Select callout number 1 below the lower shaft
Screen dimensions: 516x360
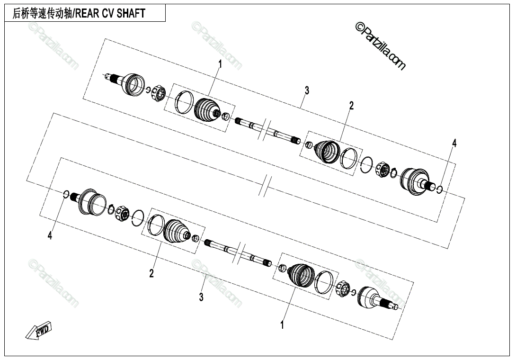(x=282, y=325)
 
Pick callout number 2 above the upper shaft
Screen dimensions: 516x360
(x=351, y=106)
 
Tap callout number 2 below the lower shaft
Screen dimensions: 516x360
(x=151, y=273)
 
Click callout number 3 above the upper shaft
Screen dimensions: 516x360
(x=307, y=90)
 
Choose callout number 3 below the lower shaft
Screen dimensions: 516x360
(x=201, y=297)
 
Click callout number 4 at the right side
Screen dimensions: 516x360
(x=454, y=144)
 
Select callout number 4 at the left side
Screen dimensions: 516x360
(x=50, y=235)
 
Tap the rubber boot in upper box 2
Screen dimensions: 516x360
(x=327, y=152)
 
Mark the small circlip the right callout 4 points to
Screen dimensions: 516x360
(x=440, y=189)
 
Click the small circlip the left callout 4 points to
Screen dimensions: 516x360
(x=66, y=193)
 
